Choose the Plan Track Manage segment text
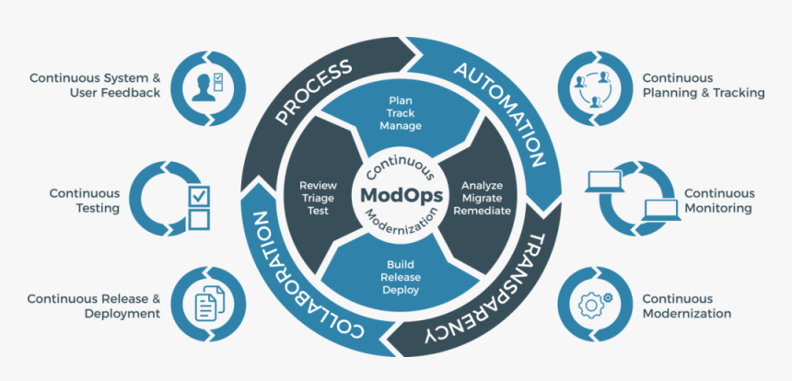401,111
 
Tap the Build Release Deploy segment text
401,277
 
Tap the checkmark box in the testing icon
199,195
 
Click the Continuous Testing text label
85,201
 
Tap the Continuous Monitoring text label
718,201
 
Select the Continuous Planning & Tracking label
704,86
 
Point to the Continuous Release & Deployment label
94,306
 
